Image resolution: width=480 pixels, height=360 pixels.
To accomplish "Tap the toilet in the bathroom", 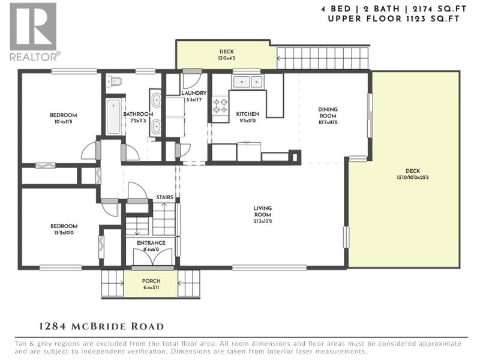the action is tap(115, 81).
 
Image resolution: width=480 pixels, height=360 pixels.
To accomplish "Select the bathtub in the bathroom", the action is tap(113, 116).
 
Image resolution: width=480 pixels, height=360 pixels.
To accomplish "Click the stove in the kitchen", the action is tap(220, 106).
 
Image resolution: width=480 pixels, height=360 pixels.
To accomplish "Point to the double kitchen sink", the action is tap(248, 82).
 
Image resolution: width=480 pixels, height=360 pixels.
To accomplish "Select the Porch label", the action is tap(151, 281).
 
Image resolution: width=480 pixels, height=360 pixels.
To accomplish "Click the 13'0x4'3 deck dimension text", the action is tap(227, 58).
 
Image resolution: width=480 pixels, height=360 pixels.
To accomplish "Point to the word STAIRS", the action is tap(164, 197).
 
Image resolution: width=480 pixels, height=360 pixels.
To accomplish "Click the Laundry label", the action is tap(194, 93).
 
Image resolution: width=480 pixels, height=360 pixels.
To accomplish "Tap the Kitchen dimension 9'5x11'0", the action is tap(247, 121).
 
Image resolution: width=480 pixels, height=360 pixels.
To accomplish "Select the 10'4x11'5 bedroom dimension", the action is tap(64, 122).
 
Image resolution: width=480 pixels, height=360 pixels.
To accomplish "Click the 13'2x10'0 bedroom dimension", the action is tap(64, 233).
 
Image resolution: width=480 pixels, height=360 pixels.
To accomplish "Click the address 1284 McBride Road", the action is tap(101, 326).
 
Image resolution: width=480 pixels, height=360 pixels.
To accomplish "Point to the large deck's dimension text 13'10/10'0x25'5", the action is tap(413, 177).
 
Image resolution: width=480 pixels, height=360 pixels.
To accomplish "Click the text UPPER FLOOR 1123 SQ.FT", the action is tap(394, 19).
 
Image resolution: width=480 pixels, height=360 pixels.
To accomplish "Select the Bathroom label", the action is tap(138, 114).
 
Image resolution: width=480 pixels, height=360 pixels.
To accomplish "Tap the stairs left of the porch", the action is tap(113, 283).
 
